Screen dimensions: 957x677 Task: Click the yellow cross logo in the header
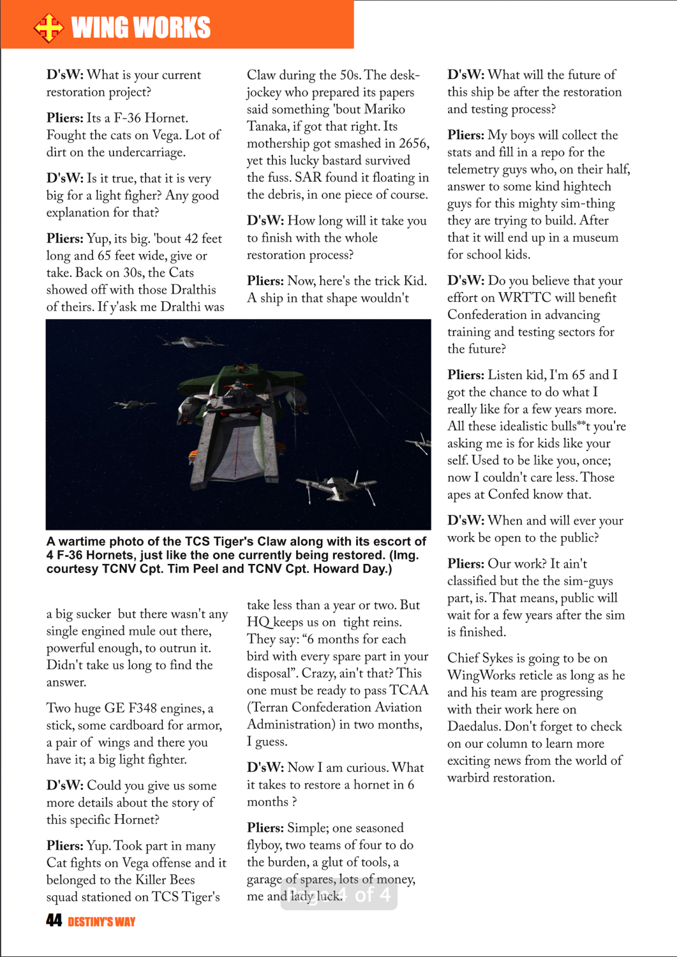point(48,27)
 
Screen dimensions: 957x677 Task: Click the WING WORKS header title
point(141,27)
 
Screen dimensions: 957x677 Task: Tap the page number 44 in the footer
point(54,920)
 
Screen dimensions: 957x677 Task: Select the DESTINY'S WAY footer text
point(101,921)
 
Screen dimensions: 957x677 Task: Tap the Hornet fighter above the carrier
point(191,342)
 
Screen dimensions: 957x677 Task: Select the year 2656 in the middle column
point(413,144)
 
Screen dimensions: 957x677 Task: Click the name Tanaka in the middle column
point(267,126)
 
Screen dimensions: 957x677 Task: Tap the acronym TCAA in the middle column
point(409,690)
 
